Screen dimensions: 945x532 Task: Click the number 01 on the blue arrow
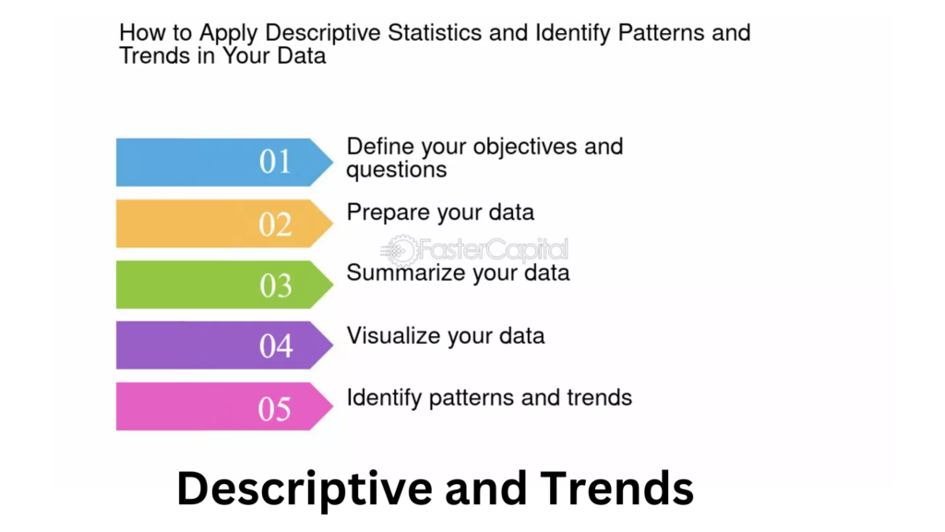click(275, 162)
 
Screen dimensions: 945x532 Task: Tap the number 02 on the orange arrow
click(275, 224)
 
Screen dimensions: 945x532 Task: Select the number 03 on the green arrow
click(275, 285)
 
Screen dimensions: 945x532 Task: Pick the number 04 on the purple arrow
click(275, 345)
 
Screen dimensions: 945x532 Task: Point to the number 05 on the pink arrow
click(275, 408)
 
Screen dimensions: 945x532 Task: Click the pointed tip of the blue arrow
click(332, 162)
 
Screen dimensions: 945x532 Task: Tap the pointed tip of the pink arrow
click(332, 406)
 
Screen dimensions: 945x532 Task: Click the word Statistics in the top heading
click(435, 32)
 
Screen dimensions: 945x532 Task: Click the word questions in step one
click(397, 170)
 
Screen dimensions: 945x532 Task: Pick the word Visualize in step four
click(393, 335)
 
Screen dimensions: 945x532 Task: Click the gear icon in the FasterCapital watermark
click(401, 249)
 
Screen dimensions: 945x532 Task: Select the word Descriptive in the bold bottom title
click(305, 489)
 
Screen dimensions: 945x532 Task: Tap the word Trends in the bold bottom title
click(616, 488)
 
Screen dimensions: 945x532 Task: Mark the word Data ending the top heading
click(302, 55)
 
